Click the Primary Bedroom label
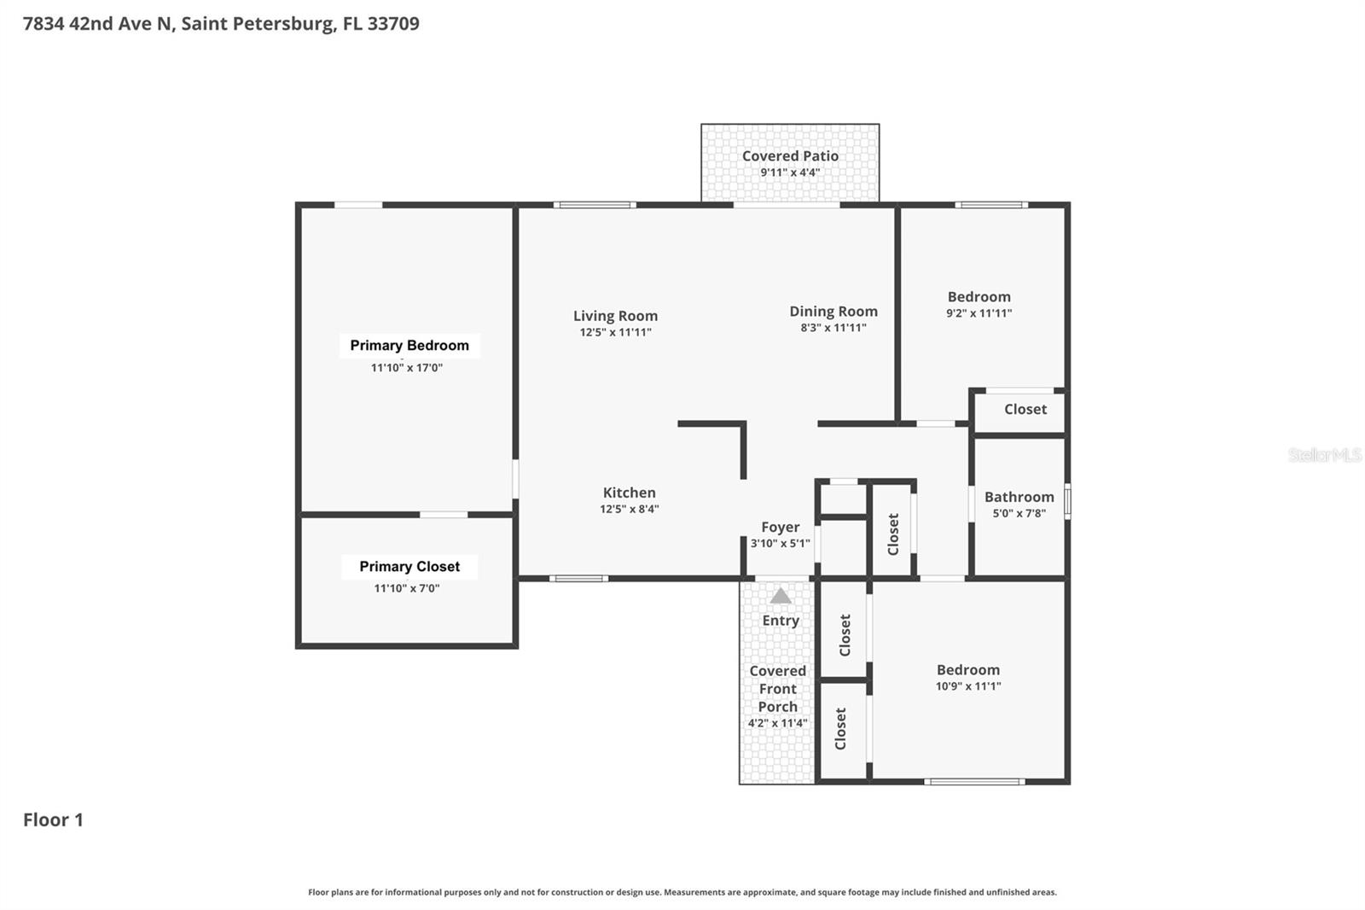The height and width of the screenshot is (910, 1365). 409,345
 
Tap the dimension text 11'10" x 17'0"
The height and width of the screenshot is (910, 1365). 407,368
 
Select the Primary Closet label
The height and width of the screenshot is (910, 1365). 409,567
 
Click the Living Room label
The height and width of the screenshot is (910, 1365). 615,316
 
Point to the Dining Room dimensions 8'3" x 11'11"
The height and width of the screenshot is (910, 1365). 834,328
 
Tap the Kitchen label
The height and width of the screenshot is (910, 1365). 630,493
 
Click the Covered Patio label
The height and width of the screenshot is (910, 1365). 790,155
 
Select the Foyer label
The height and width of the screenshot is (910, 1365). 781,528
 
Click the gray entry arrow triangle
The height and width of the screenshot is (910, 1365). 781,596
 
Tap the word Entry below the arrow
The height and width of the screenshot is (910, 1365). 781,621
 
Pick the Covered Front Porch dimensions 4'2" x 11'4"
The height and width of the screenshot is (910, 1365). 777,723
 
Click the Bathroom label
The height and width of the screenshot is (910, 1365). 1019,497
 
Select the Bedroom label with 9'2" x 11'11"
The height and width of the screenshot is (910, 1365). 979,297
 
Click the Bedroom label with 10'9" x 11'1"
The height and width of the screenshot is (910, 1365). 968,670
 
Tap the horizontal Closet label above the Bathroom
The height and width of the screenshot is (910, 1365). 1025,409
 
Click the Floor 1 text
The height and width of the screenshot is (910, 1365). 53,820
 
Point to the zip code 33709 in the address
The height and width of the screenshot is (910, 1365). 393,23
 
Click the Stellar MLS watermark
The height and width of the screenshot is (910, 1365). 1325,455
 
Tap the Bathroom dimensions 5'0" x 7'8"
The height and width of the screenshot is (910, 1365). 1019,513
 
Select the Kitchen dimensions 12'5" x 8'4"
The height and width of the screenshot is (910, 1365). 630,509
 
